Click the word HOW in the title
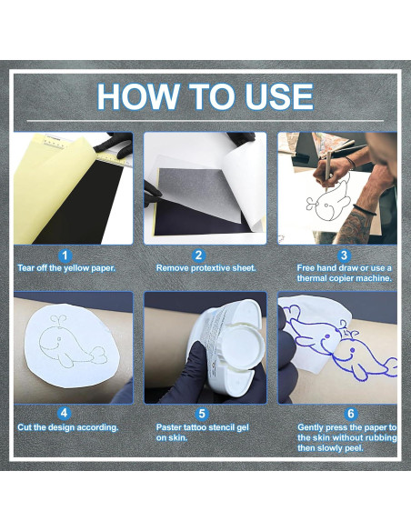coord(138,96)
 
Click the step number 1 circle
coord(65,255)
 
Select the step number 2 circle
coord(198,255)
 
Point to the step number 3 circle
coord(344,255)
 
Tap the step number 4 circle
coord(64,414)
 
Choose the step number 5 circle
coord(202,414)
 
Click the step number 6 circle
coord(351,414)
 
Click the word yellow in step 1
coord(76,268)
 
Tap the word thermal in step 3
coord(311,278)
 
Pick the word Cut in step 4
coord(25,427)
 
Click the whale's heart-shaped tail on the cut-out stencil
coord(98,356)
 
